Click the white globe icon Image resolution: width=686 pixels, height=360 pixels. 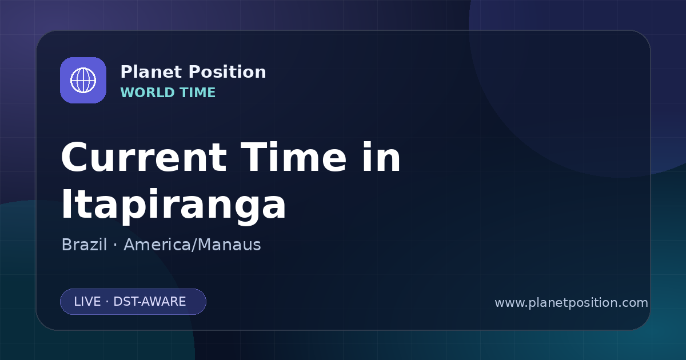coord(83,80)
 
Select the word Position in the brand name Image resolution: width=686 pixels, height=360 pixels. coord(228,72)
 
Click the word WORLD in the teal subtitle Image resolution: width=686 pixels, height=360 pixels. coord(147,93)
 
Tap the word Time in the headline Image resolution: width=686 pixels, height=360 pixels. coord(293,157)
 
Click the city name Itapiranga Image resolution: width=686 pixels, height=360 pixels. coord(173,205)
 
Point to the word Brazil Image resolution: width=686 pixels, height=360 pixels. coord(84,245)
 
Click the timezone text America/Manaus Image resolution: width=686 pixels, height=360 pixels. coord(192,245)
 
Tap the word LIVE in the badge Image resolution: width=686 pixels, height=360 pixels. coord(87,302)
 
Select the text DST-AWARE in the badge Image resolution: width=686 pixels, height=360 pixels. coord(149,302)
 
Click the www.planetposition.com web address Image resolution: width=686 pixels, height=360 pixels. coord(572,303)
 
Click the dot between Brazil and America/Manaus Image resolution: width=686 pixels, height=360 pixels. coord(115,245)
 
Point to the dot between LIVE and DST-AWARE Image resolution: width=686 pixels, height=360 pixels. coord(107,302)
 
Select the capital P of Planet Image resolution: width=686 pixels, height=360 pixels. coord(126,72)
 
